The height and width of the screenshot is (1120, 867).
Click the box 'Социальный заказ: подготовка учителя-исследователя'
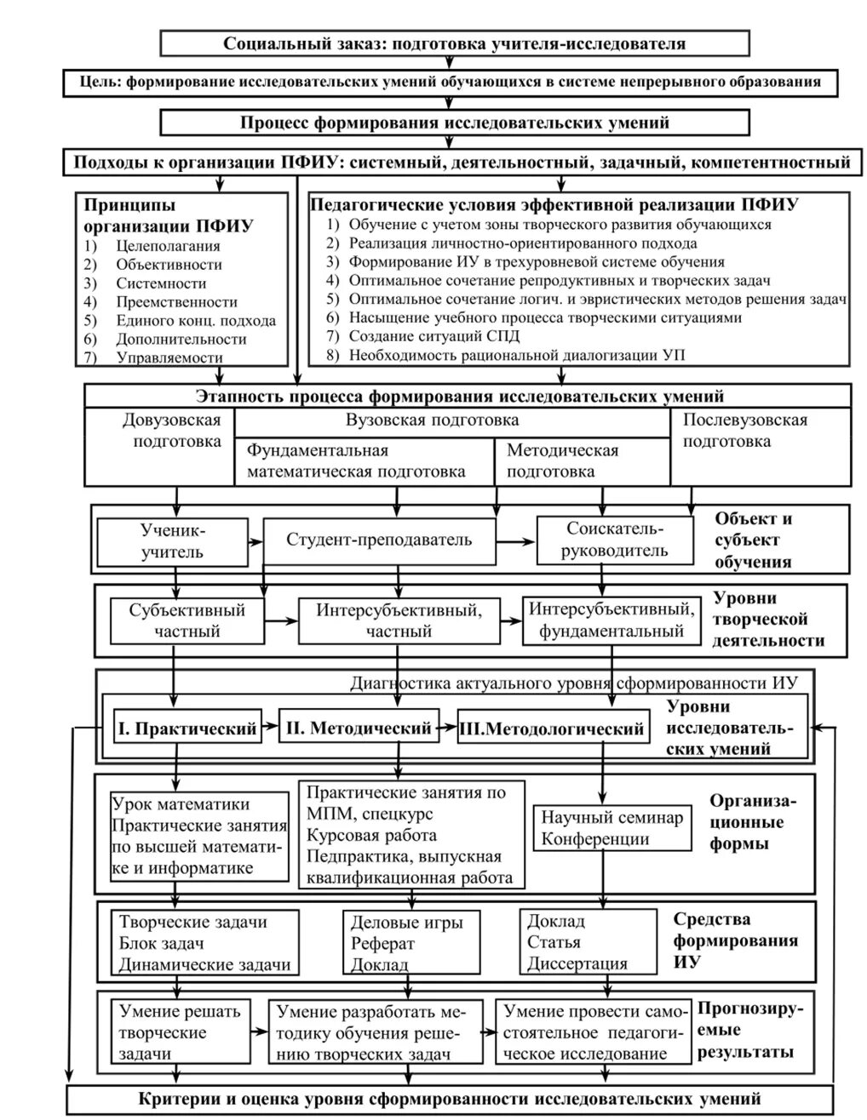tap(455, 43)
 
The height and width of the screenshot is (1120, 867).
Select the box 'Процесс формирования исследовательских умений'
tap(455, 123)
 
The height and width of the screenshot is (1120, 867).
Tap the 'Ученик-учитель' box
tap(172, 540)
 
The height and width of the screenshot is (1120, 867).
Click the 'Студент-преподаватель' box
tap(379, 540)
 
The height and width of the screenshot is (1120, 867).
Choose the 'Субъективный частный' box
tap(187, 620)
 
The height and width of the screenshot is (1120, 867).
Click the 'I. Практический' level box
tap(187, 729)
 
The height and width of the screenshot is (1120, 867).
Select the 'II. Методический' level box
tap(359, 729)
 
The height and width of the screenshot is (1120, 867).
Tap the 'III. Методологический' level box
tap(551, 729)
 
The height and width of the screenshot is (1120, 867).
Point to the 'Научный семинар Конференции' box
tap(611, 828)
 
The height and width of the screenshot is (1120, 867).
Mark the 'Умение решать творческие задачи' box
tap(179, 1032)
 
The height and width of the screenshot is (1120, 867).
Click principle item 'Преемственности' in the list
tap(176, 302)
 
